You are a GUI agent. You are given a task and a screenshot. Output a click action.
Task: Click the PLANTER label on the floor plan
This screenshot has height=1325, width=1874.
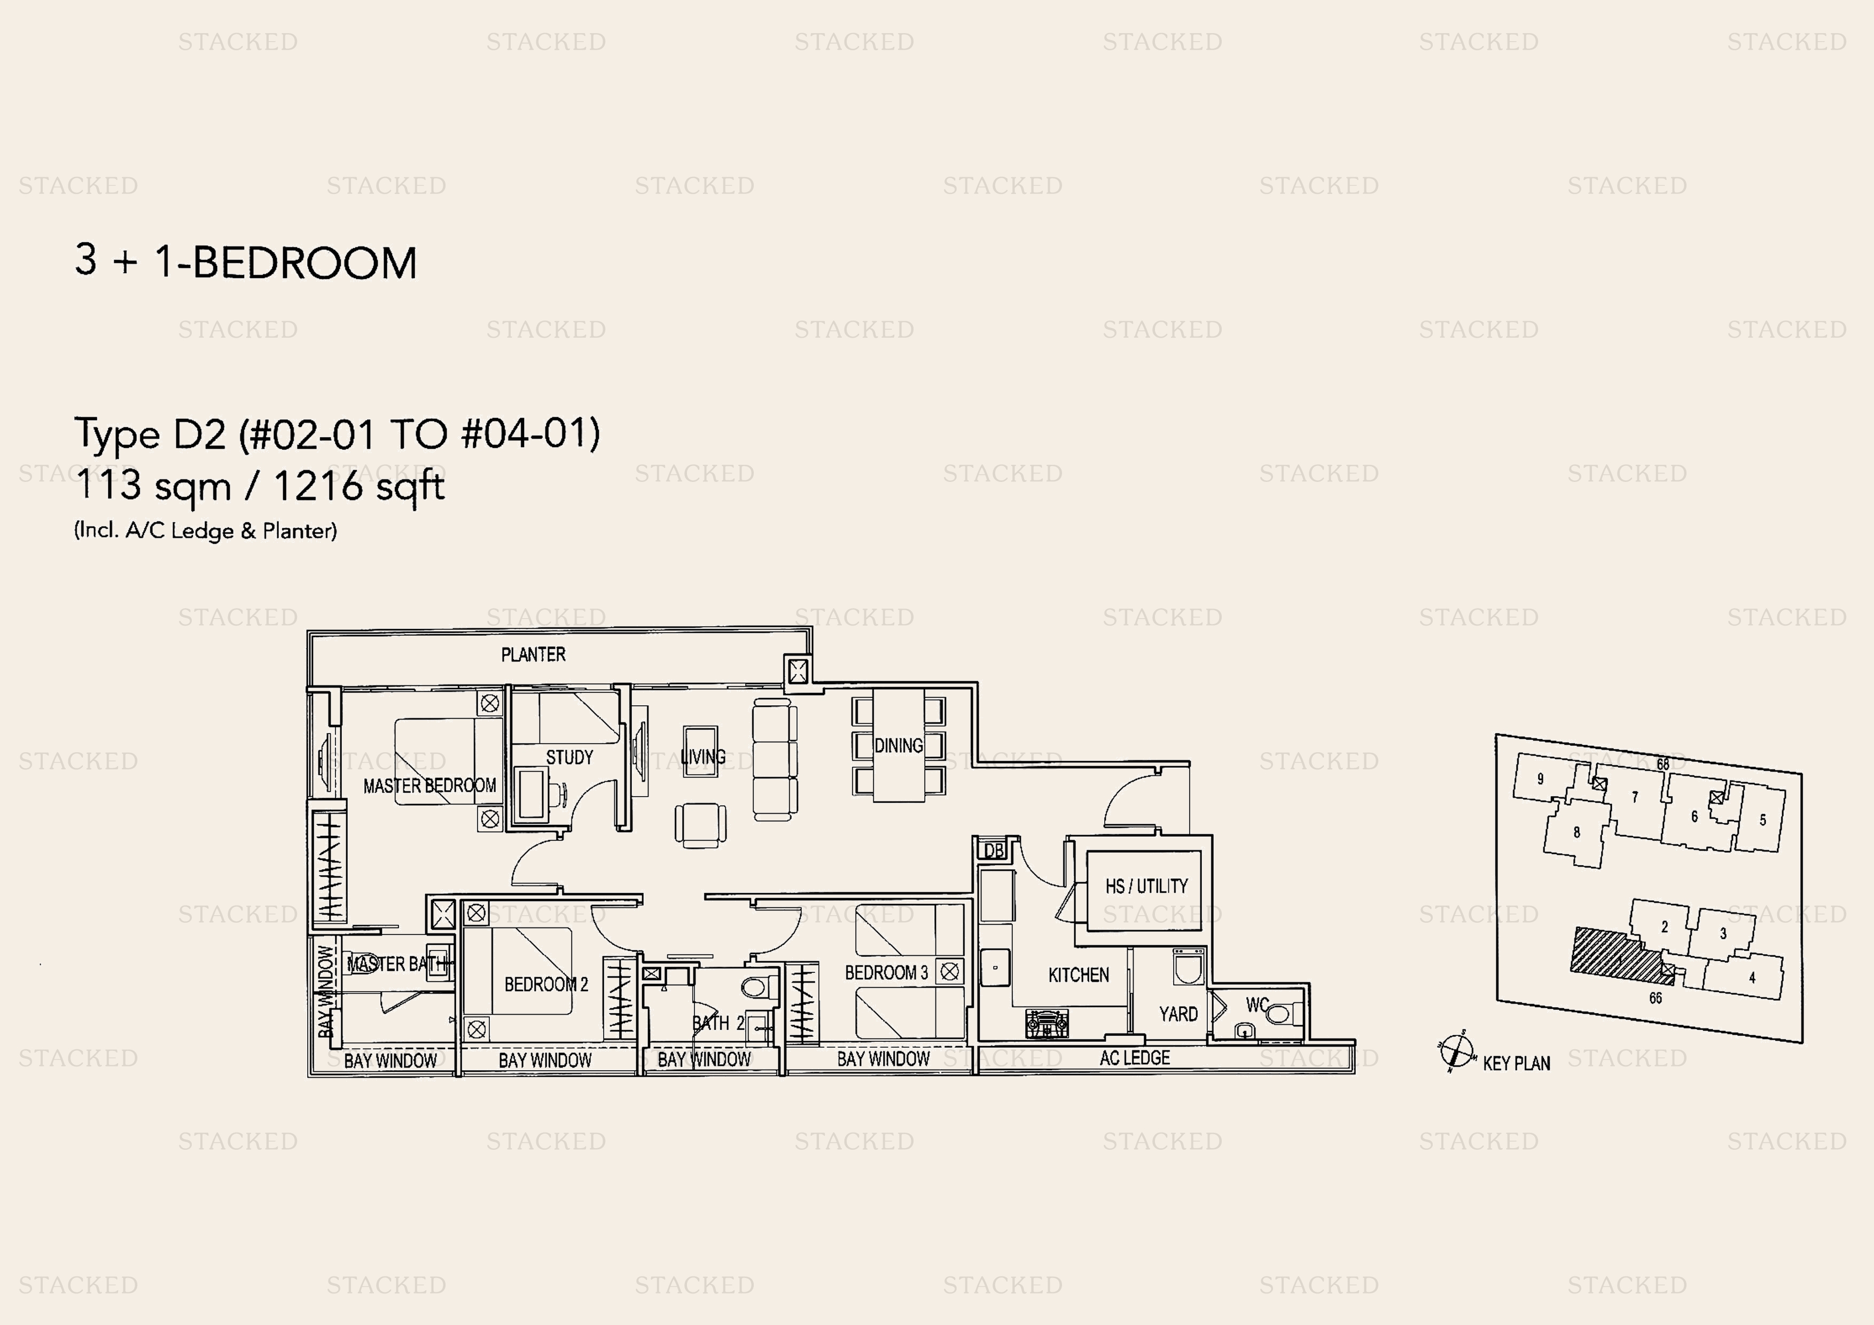pos(533,654)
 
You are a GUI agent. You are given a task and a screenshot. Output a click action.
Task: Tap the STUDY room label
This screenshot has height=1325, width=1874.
pos(569,758)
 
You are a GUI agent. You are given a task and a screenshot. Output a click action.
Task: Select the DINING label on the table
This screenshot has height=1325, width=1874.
pos(899,745)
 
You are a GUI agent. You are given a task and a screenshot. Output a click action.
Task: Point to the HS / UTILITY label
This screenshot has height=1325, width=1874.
pos(1146,886)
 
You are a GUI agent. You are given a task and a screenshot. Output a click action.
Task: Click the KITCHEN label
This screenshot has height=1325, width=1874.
pos(1078,975)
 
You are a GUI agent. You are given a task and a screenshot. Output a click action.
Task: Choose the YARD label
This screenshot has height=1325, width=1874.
pos(1178,1014)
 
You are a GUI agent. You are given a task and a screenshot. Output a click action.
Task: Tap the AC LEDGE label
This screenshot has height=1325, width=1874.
pos(1135,1058)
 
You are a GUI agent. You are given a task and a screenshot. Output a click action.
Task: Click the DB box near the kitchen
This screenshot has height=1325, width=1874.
pos(993,850)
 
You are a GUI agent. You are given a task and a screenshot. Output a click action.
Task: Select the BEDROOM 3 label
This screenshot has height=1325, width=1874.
pos(886,973)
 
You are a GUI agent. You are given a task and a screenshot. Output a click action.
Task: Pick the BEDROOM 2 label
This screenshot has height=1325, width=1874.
pos(546,985)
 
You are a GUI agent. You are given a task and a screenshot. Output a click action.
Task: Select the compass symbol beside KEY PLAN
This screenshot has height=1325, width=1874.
pos(1456,1051)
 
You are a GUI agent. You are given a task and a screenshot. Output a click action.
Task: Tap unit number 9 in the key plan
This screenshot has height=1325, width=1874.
pos(1540,779)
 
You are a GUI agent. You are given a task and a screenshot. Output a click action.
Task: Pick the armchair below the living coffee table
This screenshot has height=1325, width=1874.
pos(700,824)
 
